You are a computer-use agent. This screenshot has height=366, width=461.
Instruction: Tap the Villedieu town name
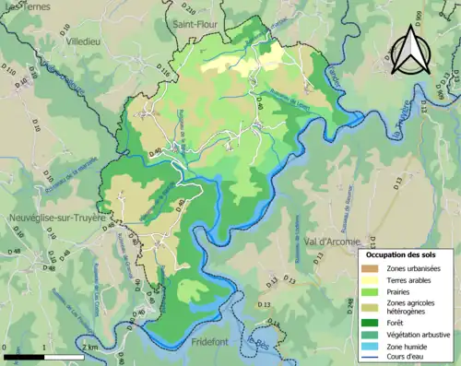tap(84, 41)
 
